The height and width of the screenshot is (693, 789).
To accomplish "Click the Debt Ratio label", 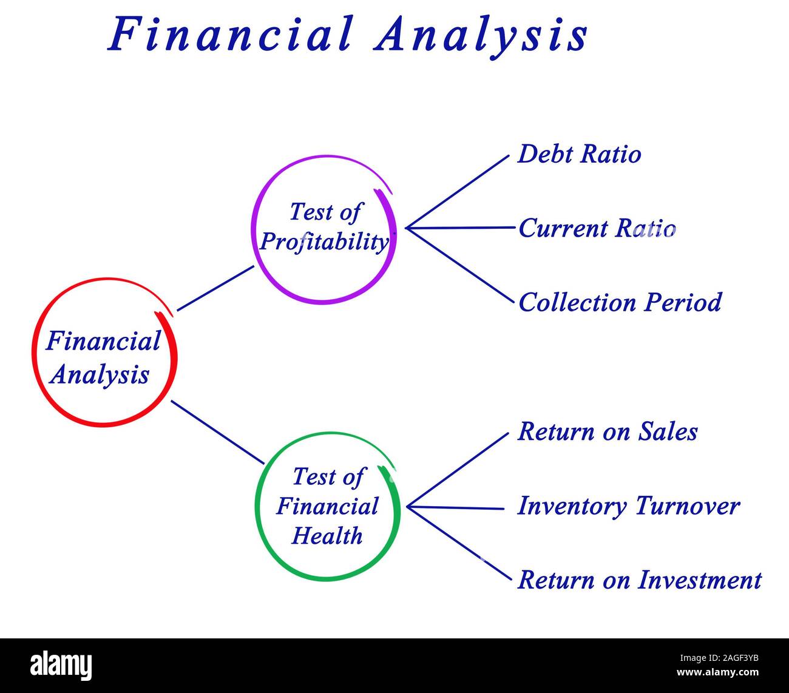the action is coord(579,154).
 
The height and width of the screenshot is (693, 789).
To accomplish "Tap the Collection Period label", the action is coord(620,302).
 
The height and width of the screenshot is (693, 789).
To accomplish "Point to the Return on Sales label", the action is coord(607,432).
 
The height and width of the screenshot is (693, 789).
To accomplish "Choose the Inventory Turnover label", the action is coord(628,506).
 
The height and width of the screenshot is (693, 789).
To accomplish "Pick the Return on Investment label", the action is coord(639,580).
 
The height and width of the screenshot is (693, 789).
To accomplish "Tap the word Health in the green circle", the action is coord(327,535).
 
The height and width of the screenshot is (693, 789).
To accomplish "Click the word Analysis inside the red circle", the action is coord(100,376).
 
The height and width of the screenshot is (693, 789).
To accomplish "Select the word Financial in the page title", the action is coord(230,34).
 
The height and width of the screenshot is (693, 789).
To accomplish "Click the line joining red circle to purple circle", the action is coord(215,288).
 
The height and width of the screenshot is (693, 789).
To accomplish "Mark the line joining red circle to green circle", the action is coord(218,432).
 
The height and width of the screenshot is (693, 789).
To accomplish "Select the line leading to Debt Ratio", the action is coord(457,192).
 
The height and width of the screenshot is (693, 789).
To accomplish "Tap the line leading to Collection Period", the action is coord(459,265).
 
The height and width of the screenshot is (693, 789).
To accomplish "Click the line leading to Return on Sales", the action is coord(458,470).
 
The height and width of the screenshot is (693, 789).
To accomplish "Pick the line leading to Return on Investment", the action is coord(459,544).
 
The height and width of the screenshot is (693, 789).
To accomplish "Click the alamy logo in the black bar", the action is coord(61,665).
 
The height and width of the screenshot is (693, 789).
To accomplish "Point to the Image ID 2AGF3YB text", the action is coord(719,658).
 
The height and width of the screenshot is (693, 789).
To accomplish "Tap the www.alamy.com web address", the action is coord(717,672).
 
